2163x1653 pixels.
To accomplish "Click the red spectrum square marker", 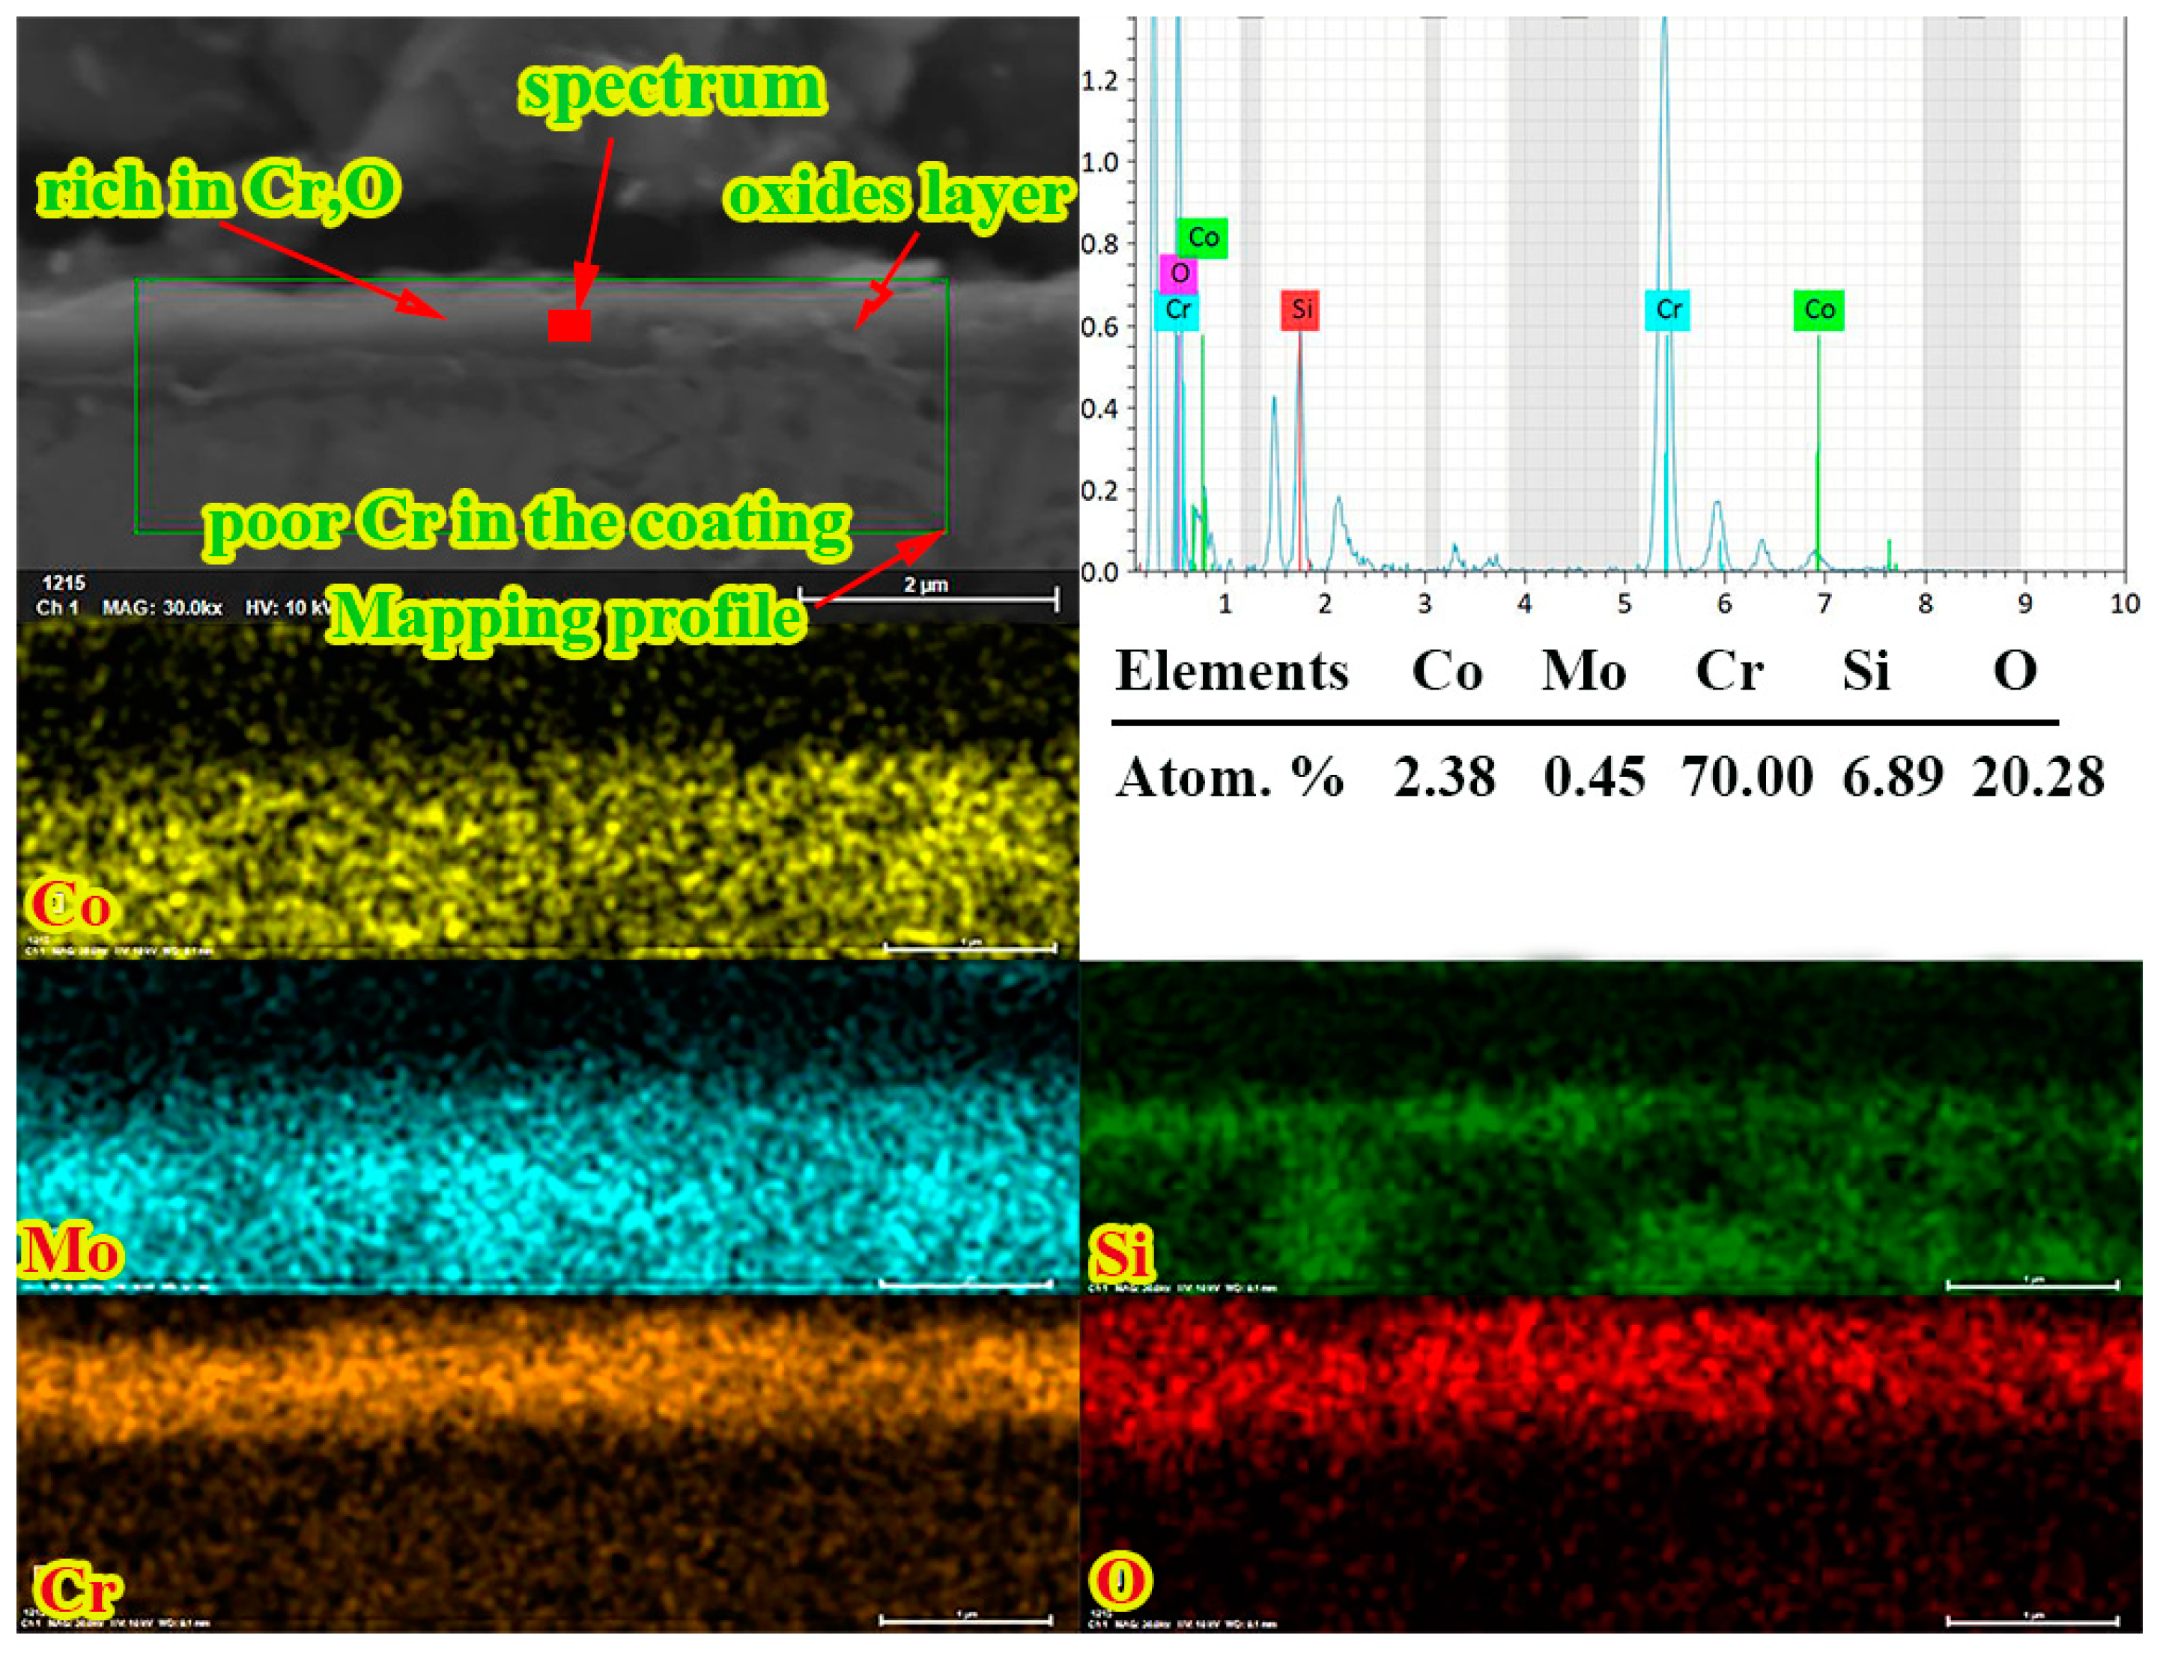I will [568, 325].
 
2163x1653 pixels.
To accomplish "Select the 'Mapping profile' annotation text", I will [568, 617].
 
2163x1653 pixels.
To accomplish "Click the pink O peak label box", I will [1179, 273].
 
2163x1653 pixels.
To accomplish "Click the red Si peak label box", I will [1301, 310].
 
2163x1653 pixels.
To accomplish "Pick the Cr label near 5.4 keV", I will [1668, 310].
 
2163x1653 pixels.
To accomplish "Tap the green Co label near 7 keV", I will [1818, 310].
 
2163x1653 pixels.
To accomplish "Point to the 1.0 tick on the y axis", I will [1099, 162].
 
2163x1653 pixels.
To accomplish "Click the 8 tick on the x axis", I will [1925, 603].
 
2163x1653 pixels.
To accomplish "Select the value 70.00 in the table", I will [1747, 776].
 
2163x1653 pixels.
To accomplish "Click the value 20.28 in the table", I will [2037, 776].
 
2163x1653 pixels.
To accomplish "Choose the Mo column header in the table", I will [1583, 672].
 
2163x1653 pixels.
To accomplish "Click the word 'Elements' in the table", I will [1231, 672].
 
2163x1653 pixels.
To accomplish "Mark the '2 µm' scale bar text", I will [925, 585].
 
